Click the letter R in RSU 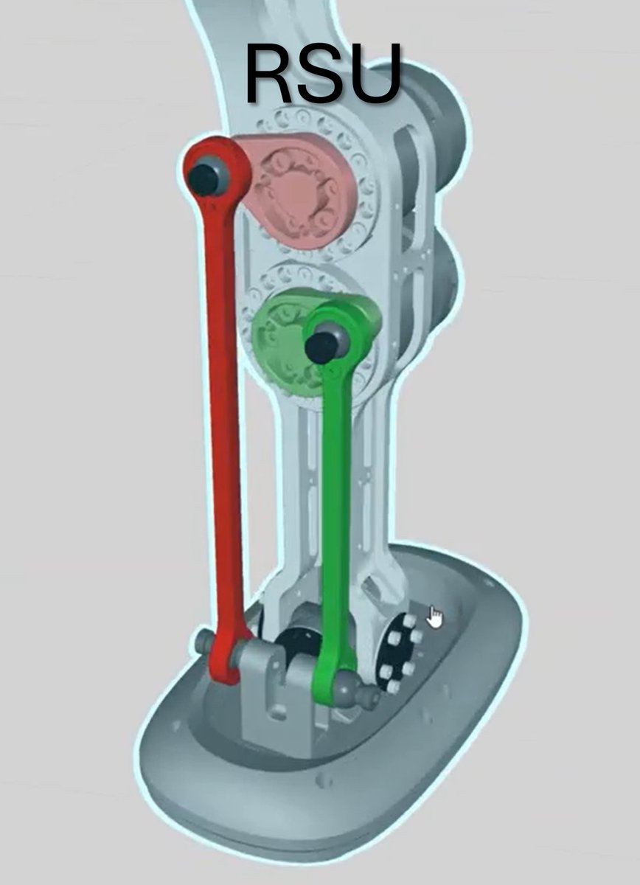(271, 74)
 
